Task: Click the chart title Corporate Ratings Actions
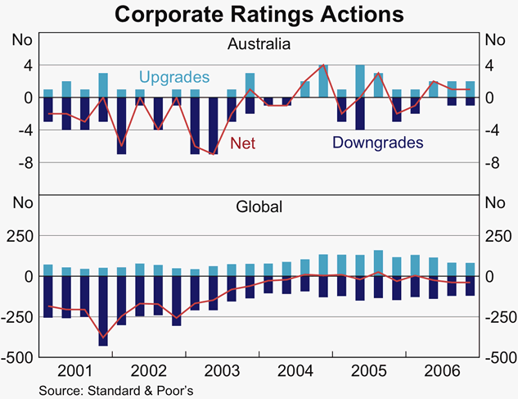[x=259, y=14]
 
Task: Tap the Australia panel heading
[x=258, y=44]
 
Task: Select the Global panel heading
[x=258, y=206]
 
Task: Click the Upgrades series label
[x=173, y=77]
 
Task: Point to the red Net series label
[x=243, y=143]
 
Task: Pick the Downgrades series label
[x=377, y=143]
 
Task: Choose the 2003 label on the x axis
[x=222, y=370]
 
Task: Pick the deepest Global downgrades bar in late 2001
[x=103, y=311]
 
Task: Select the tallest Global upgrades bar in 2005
[x=378, y=263]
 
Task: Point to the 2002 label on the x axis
[x=149, y=370]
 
